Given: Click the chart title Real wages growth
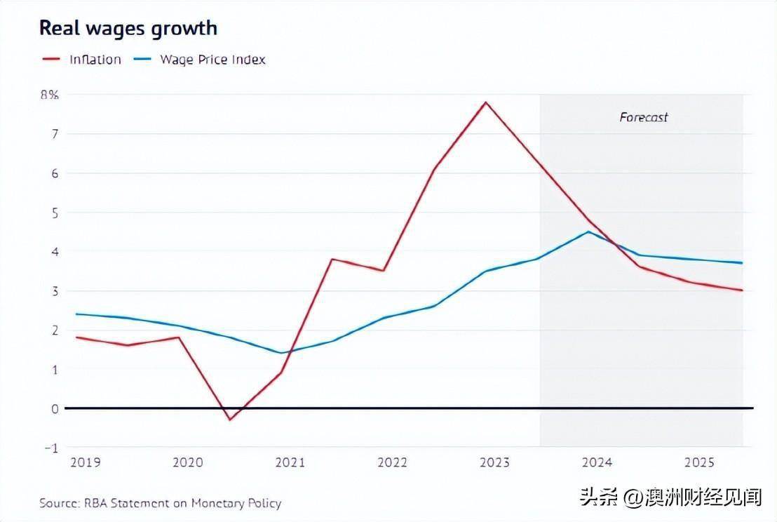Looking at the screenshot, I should (128, 28).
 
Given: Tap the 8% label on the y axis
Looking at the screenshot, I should (49, 95).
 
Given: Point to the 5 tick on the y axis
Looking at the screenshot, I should (53, 212).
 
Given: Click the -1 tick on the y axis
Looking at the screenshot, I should (51, 447).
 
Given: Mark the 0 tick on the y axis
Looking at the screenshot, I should (53, 408).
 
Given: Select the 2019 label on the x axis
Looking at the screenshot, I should (85, 462).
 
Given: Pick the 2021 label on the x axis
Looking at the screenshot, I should (290, 462).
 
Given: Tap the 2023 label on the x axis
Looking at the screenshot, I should (494, 462).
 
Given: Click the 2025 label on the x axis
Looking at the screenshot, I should (698, 462).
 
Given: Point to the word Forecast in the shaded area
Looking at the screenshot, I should (644, 117).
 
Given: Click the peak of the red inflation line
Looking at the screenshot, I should (485, 102).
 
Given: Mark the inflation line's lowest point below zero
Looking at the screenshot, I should (229, 420).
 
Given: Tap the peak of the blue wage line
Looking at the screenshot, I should (588, 232).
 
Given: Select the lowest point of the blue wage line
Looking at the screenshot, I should (281, 353).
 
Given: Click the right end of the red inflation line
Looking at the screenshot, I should (742, 290).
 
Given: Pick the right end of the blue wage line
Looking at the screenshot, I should (742, 263).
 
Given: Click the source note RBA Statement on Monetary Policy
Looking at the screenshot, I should (160, 503).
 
